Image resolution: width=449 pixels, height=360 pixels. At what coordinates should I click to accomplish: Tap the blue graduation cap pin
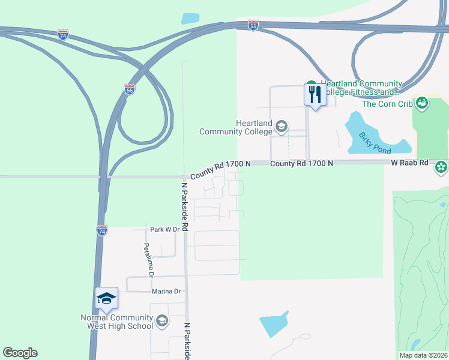click(x=106, y=299)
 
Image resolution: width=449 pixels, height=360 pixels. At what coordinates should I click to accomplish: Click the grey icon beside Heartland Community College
click(x=282, y=126)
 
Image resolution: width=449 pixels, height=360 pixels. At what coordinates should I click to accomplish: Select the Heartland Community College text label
click(x=237, y=127)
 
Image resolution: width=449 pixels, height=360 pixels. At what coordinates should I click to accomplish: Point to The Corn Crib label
click(x=387, y=104)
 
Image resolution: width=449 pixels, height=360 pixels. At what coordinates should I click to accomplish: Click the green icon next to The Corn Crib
click(x=422, y=104)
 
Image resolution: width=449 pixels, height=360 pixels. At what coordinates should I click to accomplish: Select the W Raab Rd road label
click(x=409, y=163)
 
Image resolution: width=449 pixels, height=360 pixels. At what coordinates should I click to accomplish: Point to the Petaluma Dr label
click(x=148, y=260)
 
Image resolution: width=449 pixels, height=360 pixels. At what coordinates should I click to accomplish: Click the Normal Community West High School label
click(x=116, y=322)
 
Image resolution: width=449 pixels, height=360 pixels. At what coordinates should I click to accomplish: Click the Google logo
click(x=20, y=353)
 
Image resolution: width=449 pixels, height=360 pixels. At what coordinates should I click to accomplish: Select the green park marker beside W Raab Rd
click(x=441, y=166)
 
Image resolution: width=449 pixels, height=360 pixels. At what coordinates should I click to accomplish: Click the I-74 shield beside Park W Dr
click(x=102, y=230)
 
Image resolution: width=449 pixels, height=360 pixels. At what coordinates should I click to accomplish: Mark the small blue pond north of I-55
click(x=190, y=18)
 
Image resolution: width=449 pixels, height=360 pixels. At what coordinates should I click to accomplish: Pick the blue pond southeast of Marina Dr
click(x=274, y=325)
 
